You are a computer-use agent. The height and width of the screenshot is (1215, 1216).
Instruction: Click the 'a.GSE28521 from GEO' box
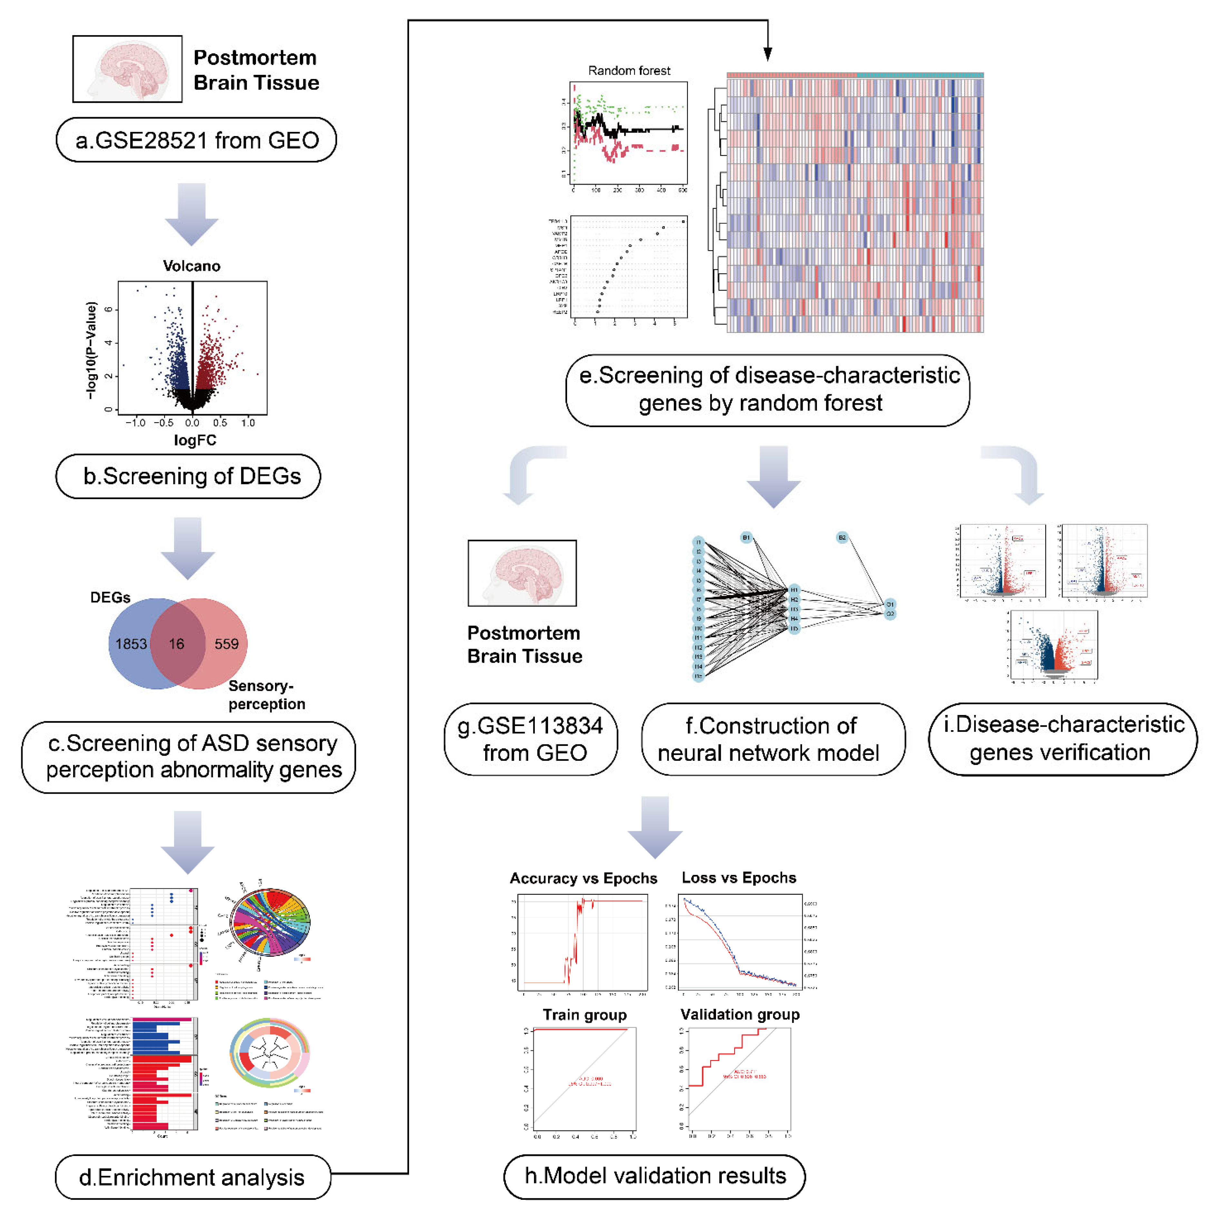tap(196, 140)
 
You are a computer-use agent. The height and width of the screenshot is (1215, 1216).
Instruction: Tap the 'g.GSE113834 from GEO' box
tap(531, 739)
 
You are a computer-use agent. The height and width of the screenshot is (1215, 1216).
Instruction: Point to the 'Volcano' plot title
tap(191, 266)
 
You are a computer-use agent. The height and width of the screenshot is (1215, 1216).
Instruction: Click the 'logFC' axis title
tap(195, 440)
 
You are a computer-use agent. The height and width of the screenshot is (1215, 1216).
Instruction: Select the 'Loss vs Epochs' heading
tap(739, 877)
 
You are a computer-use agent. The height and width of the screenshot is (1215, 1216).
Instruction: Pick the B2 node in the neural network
tap(842, 538)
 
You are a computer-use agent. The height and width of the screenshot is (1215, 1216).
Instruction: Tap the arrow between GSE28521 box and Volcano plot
tap(191, 214)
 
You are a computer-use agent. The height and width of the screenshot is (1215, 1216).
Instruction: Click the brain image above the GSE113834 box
tap(522, 573)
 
